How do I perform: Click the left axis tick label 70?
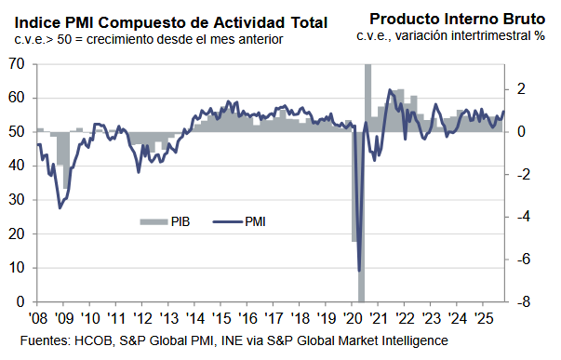point(17,63)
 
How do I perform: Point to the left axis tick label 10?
point(17,268)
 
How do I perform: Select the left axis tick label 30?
point(17,200)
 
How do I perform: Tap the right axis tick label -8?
point(524,302)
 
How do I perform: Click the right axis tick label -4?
point(524,217)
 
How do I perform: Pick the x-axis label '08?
point(38,318)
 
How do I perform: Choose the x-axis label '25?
point(484,318)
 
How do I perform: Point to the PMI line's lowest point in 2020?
point(359,271)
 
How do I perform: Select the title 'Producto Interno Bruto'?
point(457,19)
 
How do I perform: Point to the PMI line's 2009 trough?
point(60,207)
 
